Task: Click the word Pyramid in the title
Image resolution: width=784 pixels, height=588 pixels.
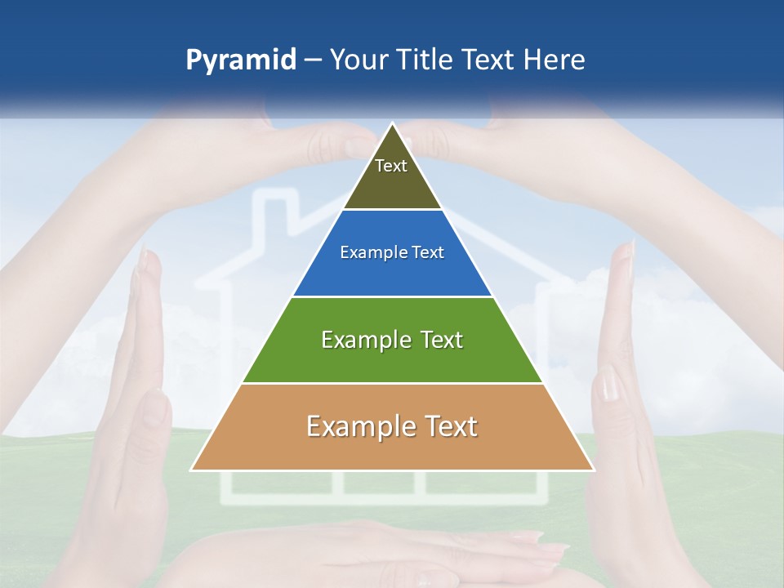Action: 241,60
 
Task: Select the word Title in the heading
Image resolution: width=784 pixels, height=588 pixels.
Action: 424,60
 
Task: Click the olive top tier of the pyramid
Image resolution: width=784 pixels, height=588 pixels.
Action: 392,184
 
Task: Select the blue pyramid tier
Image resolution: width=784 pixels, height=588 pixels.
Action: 392,274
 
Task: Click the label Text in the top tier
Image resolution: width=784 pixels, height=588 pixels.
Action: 391,166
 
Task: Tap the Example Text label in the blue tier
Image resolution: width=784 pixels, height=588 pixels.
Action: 392,252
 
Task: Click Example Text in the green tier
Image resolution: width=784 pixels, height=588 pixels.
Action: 392,340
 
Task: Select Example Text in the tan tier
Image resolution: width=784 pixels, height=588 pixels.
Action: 392,426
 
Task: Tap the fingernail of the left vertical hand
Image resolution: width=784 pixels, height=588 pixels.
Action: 147,261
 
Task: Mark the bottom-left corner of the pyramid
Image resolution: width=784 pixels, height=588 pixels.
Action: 192,470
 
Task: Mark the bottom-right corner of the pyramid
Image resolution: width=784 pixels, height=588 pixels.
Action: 593,470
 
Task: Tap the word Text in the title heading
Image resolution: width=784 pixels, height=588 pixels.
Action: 488,60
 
